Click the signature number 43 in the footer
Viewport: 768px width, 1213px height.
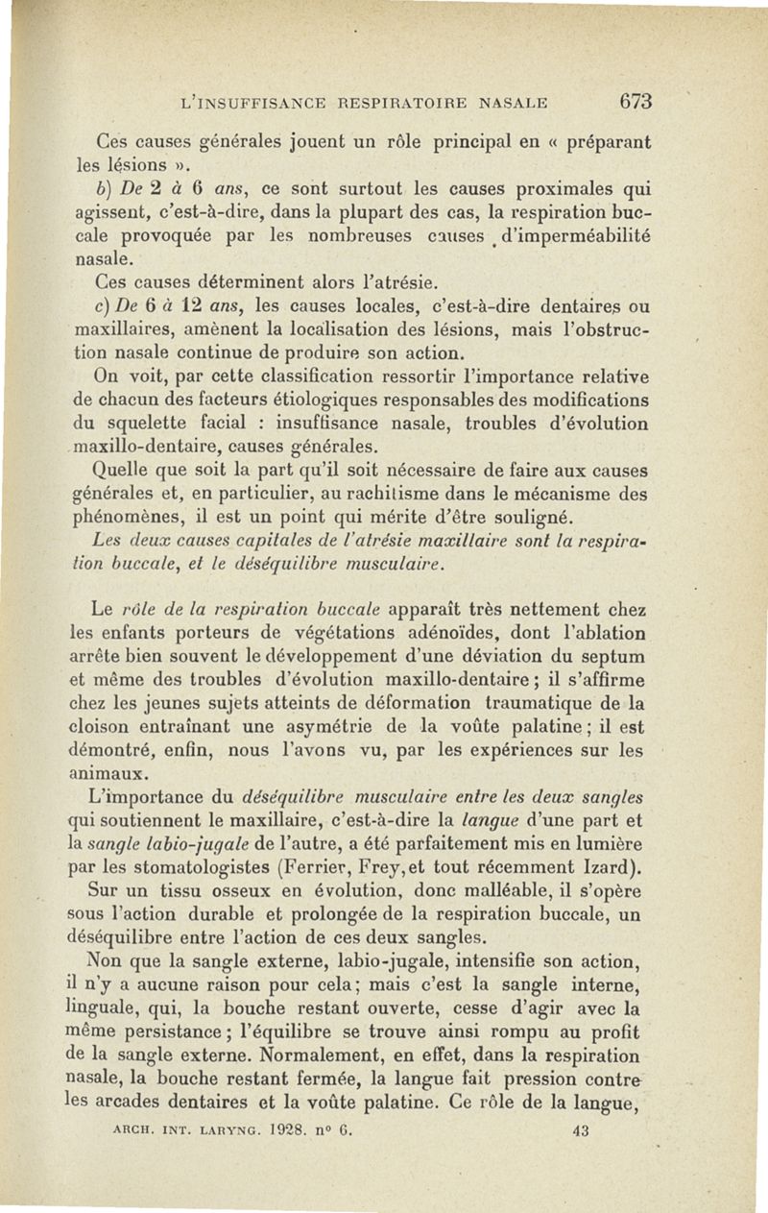[x=579, y=1131]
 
